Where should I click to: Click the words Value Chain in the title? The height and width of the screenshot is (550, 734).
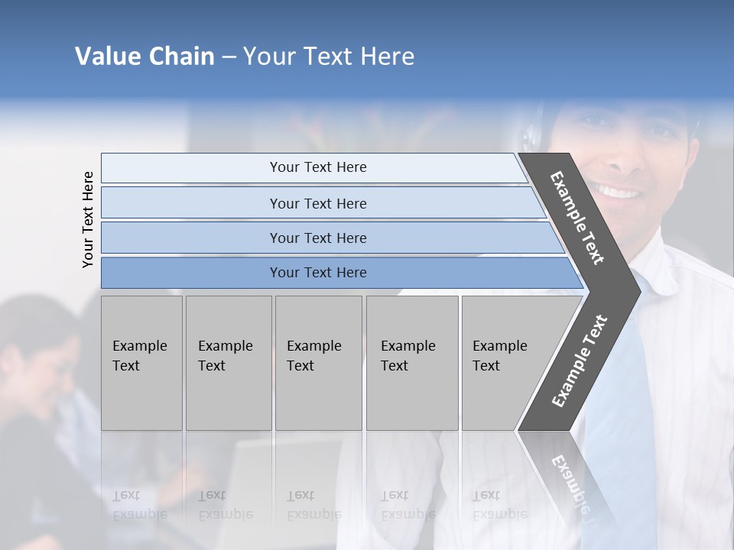145,57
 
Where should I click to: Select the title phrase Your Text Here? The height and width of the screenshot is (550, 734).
329,57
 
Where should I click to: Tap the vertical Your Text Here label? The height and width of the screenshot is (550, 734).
88,220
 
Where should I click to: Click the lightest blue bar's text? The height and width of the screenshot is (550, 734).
318,167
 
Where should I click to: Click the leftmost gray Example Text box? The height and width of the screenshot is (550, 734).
141,362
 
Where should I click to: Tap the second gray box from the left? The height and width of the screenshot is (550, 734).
228,362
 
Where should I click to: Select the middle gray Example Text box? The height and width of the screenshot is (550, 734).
317,362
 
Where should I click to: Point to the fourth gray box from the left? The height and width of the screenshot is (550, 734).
411,362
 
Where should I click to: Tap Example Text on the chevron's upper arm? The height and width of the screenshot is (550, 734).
577,218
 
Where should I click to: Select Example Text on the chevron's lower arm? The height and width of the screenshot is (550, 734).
579,361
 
